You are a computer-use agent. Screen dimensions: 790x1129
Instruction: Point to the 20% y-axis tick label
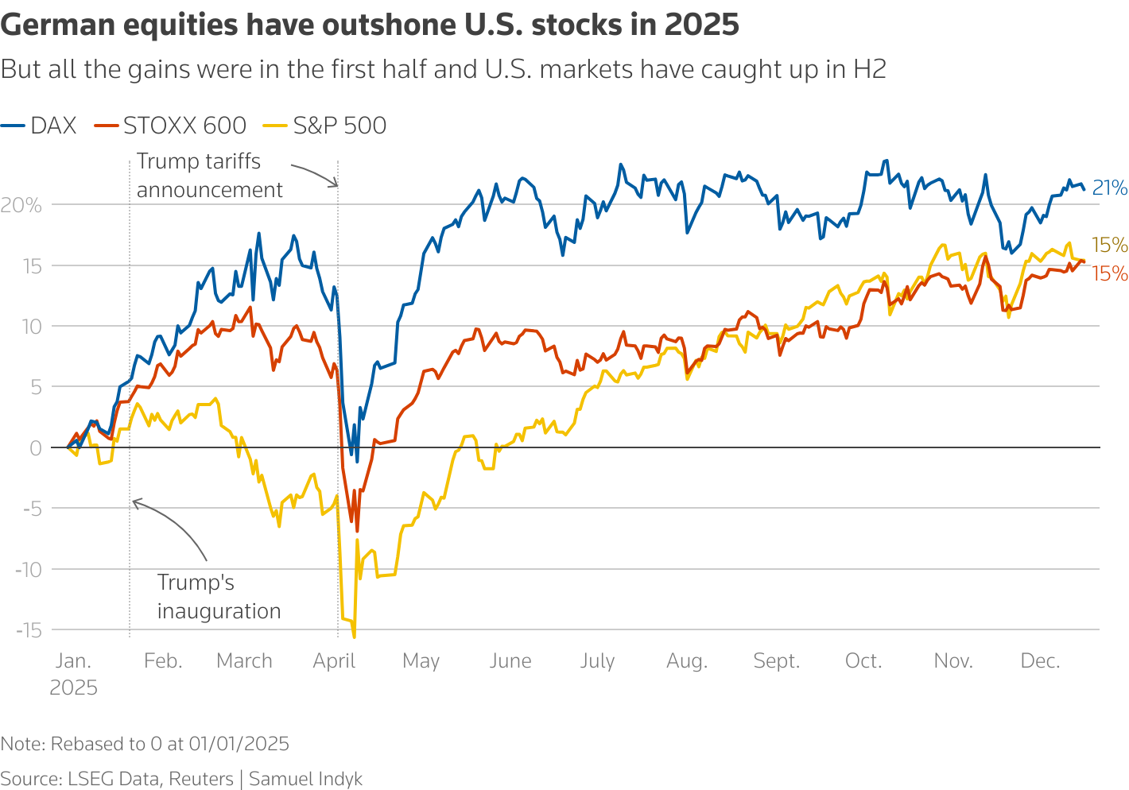click(21, 205)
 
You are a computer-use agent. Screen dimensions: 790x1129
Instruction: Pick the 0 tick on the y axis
click(35, 448)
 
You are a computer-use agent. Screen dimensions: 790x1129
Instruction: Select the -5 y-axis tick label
click(32, 509)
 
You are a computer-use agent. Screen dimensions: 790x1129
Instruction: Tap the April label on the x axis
click(334, 661)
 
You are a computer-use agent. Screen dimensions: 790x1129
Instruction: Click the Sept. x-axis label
click(776, 661)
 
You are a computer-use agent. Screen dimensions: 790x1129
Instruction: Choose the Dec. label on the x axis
click(1040, 661)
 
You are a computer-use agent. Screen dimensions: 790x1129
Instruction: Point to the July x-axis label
click(597, 661)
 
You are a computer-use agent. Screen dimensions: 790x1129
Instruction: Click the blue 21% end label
click(1110, 188)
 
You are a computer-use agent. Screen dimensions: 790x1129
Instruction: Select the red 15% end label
click(1110, 274)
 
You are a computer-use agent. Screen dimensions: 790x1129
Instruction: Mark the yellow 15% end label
click(1110, 245)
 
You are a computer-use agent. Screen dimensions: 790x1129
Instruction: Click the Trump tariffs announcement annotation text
click(209, 176)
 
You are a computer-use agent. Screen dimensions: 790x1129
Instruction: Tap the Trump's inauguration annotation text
click(219, 597)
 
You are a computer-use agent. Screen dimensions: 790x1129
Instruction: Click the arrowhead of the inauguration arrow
click(134, 501)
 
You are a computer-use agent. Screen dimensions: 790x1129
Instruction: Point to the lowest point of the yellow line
click(354, 637)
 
